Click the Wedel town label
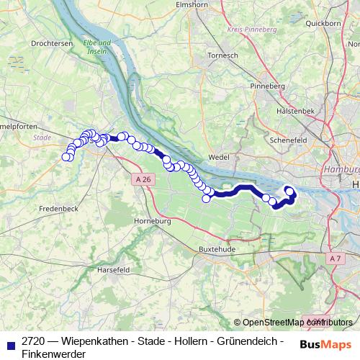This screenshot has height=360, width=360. (217, 156)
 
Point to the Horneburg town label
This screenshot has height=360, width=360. (151, 221)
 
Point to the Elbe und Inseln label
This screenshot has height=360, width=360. (96, 47)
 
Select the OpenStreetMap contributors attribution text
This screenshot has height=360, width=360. (294, 323)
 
